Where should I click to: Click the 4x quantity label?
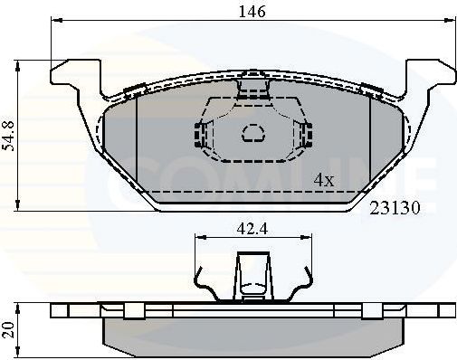[323, 180]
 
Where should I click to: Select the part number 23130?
[394, 206]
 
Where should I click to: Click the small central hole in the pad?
[252, 135]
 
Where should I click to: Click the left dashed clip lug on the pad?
[197, 134]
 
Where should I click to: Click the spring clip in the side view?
[252, 276]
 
